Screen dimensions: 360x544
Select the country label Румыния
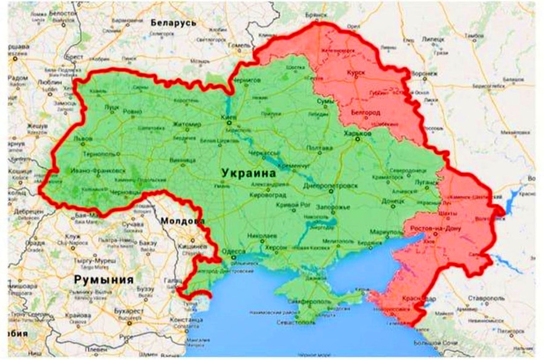point(103,280)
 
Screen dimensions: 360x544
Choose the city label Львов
point(83,138)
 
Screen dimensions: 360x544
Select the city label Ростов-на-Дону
point(436,229)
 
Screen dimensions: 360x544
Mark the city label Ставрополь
point(484,298)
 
